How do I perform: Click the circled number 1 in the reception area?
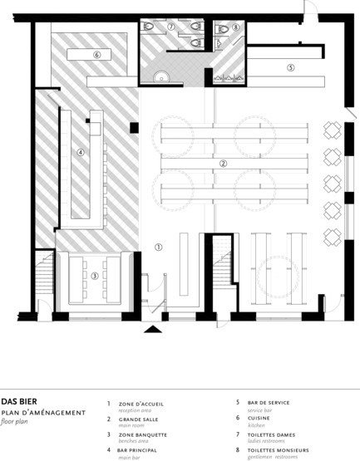click(159, 247)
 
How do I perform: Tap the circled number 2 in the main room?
click(223, 164)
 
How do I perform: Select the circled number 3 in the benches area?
click(95, 276)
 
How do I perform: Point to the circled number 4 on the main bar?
click(81, 152)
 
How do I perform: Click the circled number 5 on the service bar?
click(290, 66)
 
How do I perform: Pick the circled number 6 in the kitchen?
click(96, 55)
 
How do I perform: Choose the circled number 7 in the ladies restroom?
click(170, 27)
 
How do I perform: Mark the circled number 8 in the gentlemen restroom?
click(235, 27)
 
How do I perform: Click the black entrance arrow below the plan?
click(152, 331)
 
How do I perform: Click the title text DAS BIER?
click(19, 401)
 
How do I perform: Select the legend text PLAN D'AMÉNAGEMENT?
click(43, 413)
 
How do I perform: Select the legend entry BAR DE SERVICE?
click(268, 403)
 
